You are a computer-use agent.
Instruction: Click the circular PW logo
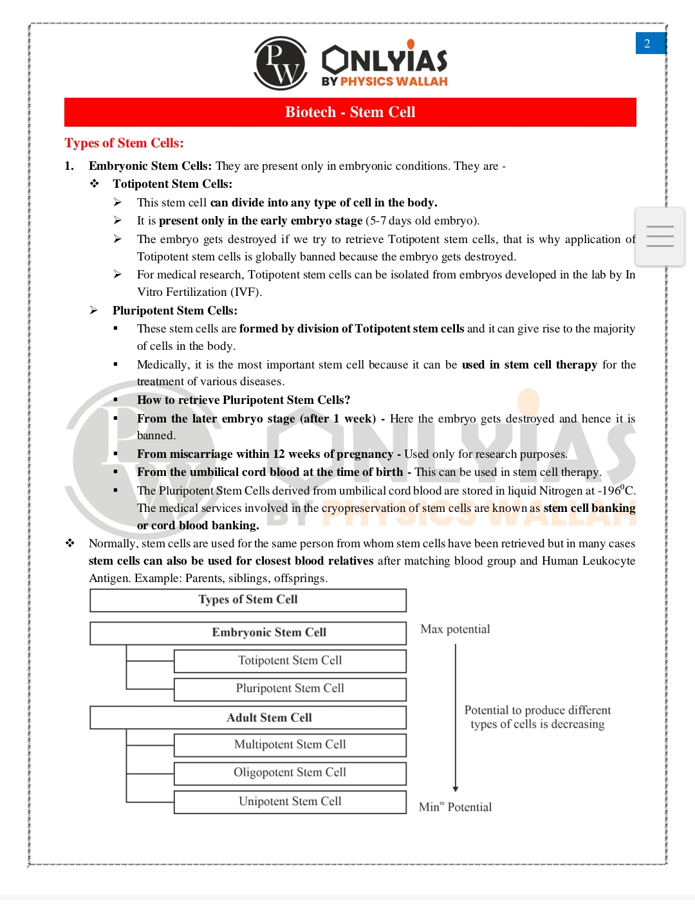click(281, 63)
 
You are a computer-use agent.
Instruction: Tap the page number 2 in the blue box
click(648, 44)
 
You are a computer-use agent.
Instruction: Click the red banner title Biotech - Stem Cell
click(350, 112)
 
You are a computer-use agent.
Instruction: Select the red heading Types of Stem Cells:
click(124, 143)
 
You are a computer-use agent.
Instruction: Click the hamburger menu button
click(660, 237)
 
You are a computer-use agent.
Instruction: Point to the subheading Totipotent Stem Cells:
click(172, 184)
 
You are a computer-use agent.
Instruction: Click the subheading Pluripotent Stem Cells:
click(175, 311)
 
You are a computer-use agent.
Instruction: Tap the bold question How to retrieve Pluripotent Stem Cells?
click(243, 400)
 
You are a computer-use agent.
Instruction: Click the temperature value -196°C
click(616, 490)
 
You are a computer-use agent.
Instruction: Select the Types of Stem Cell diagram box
click(248, 600)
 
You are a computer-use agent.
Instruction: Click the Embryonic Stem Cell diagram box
click(248, 633)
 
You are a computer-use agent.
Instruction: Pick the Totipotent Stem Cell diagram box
click(290, 661)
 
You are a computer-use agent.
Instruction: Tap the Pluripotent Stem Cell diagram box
click(290, 689)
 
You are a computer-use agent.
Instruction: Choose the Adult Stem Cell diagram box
click(248, 718)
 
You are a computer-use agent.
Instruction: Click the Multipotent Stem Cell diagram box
click(290, 745)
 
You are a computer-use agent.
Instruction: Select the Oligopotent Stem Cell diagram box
click(290, 773)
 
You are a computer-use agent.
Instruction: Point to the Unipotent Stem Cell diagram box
click(290, 802)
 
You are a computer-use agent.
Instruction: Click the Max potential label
click(455, 629)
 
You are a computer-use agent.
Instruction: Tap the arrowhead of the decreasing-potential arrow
click(456, 788)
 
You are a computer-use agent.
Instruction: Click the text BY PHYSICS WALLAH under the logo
click(385, 82)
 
